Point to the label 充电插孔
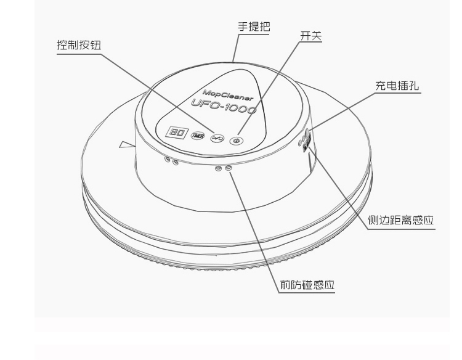click(397, 86)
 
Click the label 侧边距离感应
click(401, 221)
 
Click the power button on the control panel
click(235, 141)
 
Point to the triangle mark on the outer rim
click(126, 145)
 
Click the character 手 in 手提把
click(243, 27)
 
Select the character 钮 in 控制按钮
click(94, 46)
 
